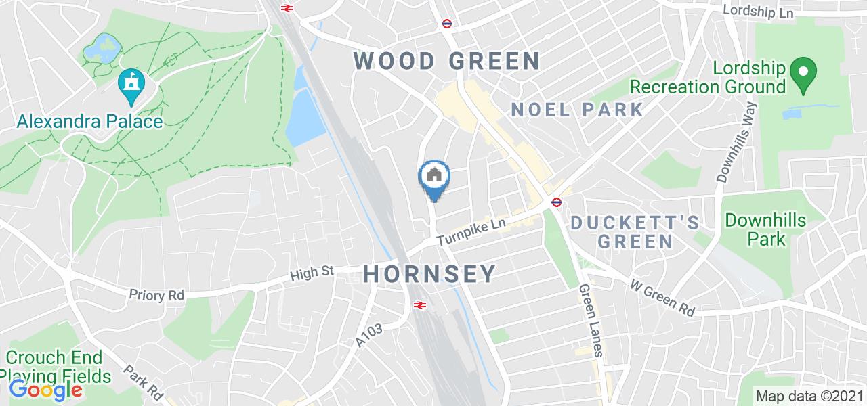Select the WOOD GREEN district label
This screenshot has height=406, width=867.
tap(446, 61)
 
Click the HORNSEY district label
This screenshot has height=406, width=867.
tap(430, 274)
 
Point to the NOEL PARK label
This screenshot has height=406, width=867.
tap(577, 109)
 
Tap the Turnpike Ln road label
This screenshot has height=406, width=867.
tap(471, 232)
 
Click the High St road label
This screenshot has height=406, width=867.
tap(312, 273)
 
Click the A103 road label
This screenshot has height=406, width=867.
tap(371, 336)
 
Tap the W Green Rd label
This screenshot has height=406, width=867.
tap(662, 298)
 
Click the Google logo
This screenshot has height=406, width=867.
tap(45, 390)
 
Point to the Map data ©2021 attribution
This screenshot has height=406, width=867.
tap(810, 396)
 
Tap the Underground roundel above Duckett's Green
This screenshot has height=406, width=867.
tap(555, 201)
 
